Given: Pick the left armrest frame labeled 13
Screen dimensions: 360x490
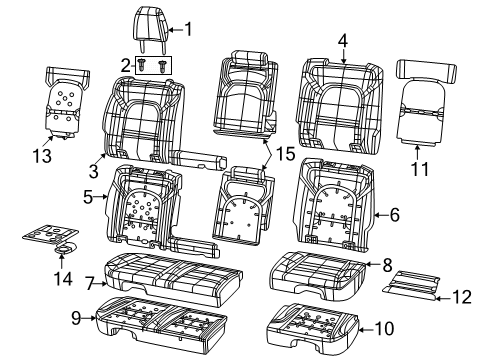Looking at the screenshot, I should pos(62,99).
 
